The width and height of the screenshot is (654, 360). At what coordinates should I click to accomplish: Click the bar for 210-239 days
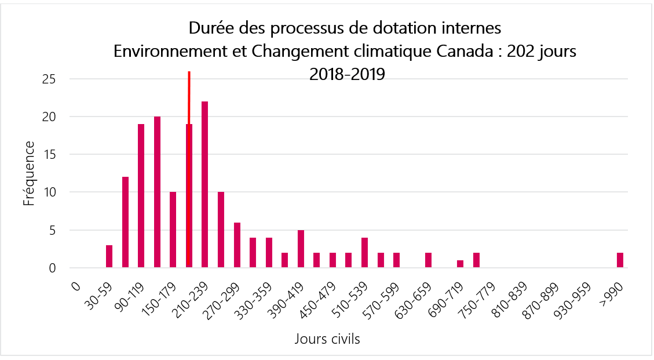pos(204,185)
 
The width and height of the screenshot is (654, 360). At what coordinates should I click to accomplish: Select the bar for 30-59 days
pos(109,256)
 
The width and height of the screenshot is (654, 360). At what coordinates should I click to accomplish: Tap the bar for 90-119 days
pos(141,196)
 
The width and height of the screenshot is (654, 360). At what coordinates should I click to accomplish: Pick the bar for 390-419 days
pos(301,249)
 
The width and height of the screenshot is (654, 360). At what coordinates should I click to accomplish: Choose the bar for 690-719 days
pos(460,264)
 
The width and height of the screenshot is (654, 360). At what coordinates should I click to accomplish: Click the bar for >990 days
pos(620,260)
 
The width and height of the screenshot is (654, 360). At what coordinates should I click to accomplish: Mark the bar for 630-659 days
pos(428,260)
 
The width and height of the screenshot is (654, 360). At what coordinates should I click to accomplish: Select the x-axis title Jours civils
pos(327,339)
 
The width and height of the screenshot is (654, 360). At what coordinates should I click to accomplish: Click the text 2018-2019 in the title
pos(347,74)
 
